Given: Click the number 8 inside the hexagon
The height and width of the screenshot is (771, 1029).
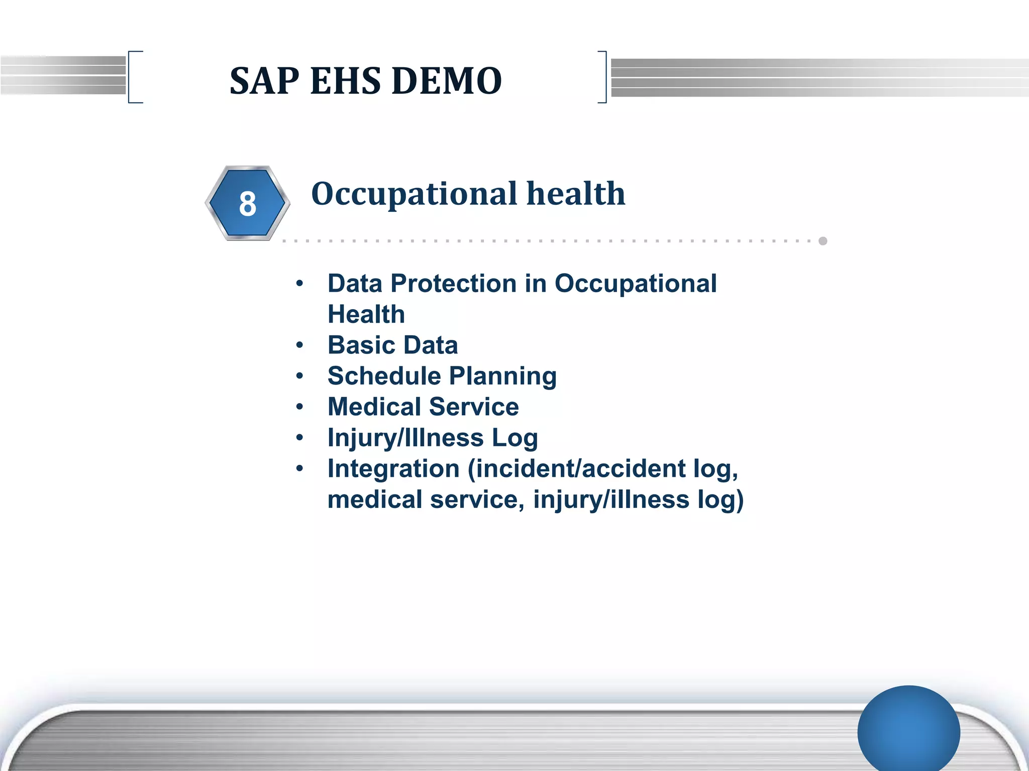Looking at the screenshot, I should click(247, 204).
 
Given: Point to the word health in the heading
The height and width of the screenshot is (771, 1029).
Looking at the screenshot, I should click(575, 194).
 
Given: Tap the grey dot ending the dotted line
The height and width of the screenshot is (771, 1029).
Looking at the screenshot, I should click(823, 241).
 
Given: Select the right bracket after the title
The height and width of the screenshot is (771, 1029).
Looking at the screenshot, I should click(603, 77).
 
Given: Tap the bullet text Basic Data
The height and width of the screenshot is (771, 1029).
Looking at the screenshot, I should click(392, 345).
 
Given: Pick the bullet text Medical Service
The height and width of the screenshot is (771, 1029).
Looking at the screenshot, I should click(423, 407).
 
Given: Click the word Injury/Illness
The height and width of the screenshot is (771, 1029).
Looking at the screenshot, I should click(405, 438).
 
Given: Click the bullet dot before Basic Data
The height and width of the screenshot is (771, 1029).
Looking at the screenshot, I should click(300, 345).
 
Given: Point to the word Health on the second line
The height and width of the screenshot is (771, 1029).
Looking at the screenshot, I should click(366, 315).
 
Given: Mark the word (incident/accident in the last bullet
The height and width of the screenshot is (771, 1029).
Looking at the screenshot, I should click(576, 469).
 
